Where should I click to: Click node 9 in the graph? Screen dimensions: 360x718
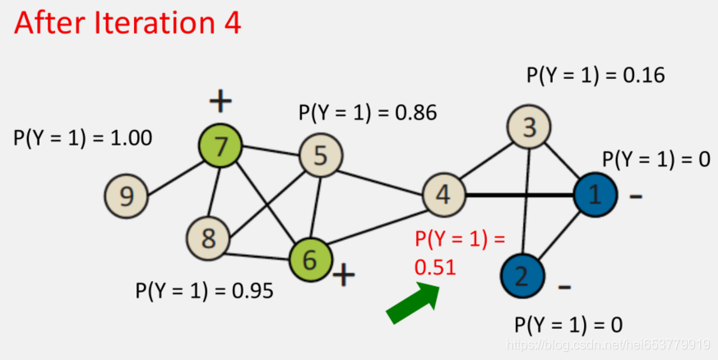click(126, 196)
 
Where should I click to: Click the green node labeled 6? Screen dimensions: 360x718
click(310, 259)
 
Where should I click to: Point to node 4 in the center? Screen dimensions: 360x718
click(444, 196)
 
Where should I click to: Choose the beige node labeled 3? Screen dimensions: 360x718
click(530, 127)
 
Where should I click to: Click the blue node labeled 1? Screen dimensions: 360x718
click(595, 196)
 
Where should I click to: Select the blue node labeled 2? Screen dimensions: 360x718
click(521, 275)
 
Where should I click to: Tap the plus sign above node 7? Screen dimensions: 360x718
click(220, 101)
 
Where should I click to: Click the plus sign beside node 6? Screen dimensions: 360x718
click(344, 275)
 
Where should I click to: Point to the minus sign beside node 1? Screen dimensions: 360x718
click(636, 197)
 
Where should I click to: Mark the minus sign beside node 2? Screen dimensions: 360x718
click(564, 287)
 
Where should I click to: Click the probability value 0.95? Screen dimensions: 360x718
click(249, 291)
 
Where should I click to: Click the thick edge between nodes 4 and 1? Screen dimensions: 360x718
click(518, 196)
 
